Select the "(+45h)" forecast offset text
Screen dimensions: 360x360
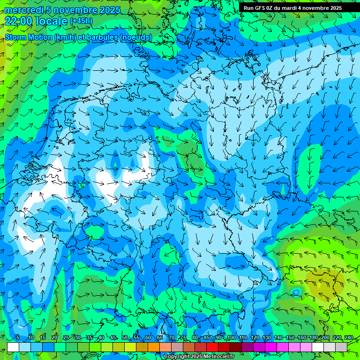[x=81, y=21]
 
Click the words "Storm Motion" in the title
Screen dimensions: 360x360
[x=28, y=37]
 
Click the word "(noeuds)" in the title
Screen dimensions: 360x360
[x=135, y=37]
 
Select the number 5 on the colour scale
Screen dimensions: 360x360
[x=17, y=337]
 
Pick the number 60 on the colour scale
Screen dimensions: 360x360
[x=148, y=337]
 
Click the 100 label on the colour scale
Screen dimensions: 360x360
[x=231, y=337]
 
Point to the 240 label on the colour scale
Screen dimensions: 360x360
[x=349, y=337]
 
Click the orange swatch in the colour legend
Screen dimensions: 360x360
[x=154, y=347]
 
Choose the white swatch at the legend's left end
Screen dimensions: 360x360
[x=13, y=347]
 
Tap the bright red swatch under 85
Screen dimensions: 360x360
[x=212, y=347]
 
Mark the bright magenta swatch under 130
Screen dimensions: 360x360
[x=271, y=347]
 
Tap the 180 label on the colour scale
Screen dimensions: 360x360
[x=313, y=337]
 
